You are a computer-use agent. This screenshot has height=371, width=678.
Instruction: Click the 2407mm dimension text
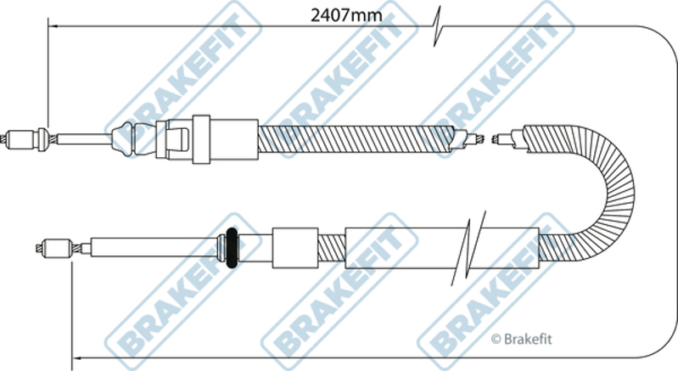pos(346,15)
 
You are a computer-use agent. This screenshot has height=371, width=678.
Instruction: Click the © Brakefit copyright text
pos(522,339)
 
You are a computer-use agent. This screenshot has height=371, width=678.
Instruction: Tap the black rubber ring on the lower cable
pos(233,248)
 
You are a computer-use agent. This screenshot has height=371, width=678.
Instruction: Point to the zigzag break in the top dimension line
pos(438,26)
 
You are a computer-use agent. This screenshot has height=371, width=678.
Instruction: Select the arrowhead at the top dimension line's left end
pos(53,26)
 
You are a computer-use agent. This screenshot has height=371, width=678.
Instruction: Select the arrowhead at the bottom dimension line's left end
pos(77,358)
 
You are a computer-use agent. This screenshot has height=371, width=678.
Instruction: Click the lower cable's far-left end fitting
pos(55,248)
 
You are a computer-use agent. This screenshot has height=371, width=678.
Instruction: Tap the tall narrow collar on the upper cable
pos(201,139)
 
